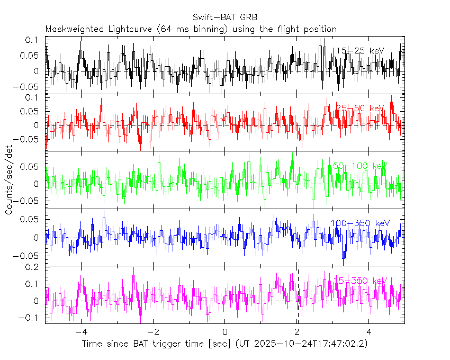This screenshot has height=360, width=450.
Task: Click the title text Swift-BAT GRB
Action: click(x=224, y=17)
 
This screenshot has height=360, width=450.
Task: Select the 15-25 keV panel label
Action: click(x=358, y=51)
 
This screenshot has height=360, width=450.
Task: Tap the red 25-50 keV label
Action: click(x=358, y=109)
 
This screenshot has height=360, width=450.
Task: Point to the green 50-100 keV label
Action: click(x=358, y=166)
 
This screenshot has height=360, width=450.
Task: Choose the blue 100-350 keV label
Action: click(x=360, y=223)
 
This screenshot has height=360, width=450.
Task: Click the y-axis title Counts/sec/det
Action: click(x=9, y=180)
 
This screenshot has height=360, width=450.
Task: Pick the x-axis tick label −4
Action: click(x=80, y=332)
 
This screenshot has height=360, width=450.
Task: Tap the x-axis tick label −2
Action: click(x=152, y=332)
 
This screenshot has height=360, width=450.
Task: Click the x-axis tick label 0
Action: click(x=225, y=332)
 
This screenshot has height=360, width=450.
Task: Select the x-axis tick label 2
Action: click(x=297, y=332)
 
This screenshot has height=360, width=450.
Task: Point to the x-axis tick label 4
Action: click(x=369, y=332)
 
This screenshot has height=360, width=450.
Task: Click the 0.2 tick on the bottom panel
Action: click(x=33, y=267)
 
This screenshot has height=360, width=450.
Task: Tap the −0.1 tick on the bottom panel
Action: click(x=30, y=318)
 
